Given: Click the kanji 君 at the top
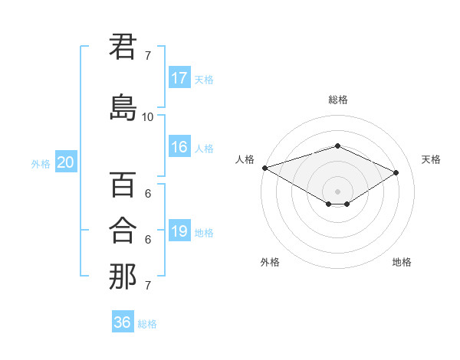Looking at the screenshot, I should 123,47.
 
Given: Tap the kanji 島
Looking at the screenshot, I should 123,107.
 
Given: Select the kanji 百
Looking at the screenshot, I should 123,185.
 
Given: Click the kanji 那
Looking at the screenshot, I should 123,277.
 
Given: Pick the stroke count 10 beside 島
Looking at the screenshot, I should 148,117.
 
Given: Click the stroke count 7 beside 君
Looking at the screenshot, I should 148,56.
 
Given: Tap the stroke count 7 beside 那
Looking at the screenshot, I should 148,286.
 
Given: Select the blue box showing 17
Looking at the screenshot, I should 179,78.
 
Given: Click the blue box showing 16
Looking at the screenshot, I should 179,147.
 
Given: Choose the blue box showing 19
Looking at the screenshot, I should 179,231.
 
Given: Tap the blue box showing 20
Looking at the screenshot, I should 66,162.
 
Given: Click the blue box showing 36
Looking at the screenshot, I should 123,322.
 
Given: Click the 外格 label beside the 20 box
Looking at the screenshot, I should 41,163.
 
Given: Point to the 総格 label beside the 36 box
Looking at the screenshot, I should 147,324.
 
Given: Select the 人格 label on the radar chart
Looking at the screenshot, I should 245,159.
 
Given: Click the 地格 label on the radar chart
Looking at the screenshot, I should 402,262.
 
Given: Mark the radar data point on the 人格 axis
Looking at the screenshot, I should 264,168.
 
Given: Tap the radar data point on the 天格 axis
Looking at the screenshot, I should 396,173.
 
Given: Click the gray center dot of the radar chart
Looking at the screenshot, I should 337,191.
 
